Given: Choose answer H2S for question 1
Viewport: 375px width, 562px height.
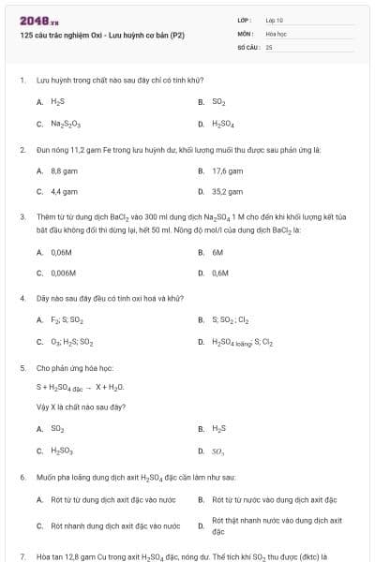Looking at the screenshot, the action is [x=57, y=101].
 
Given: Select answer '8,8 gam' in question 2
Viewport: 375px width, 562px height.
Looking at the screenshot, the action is [x=63, y=171].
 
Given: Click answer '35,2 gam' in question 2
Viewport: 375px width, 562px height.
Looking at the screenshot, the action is [x=228, y=191].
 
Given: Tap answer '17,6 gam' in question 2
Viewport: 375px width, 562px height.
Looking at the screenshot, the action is [x=228, y=171].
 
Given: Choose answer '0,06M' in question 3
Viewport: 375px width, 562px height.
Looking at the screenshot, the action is [x=62, y=252].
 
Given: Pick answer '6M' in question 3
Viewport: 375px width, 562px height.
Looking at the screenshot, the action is [x=217, y=252].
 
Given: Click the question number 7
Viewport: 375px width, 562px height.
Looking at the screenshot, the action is [x=21, y=556].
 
